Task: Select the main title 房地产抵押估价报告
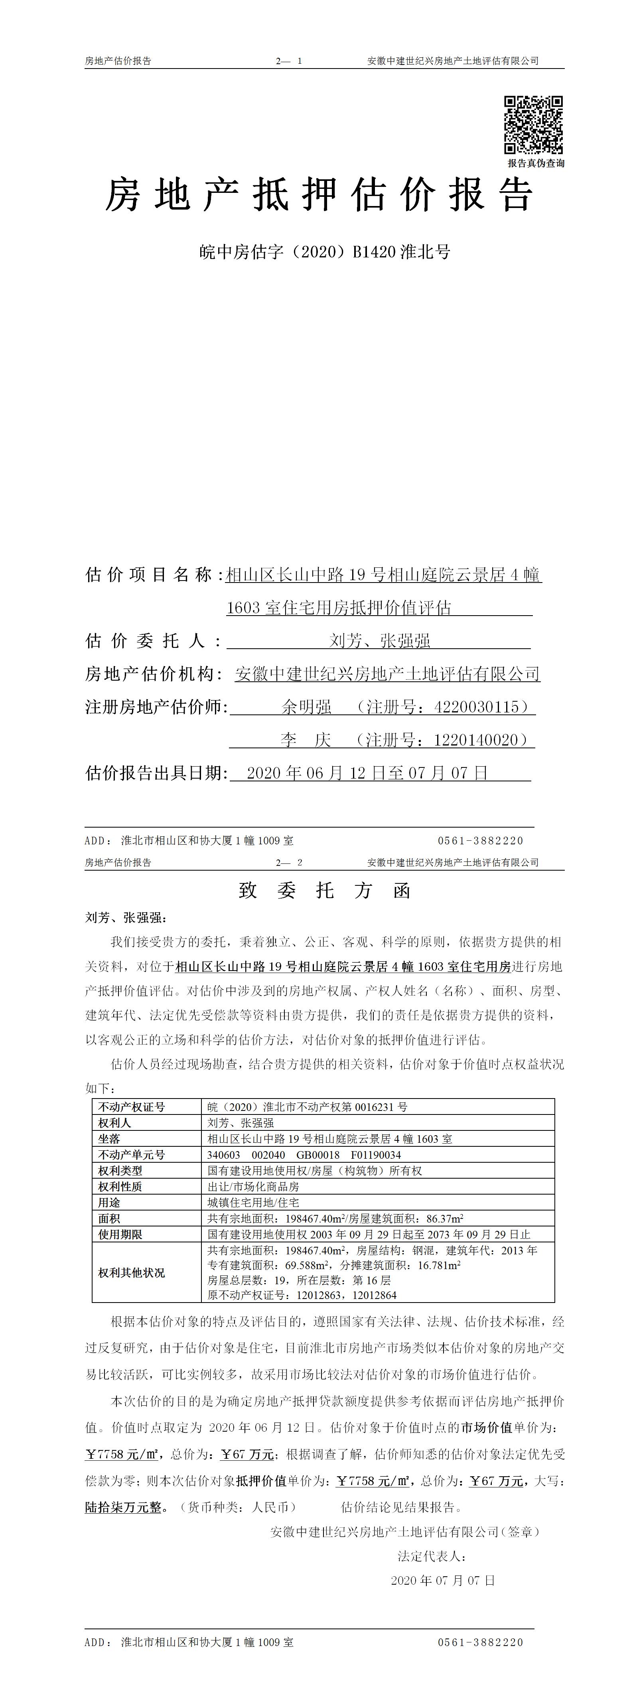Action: coord(319,196)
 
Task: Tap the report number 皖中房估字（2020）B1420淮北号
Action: coord(325,252)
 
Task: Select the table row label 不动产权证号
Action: coord(132,1107)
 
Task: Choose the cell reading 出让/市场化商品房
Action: coord(253,1186)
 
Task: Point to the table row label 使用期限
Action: coord(120,1234)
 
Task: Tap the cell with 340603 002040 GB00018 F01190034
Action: coord(304,1154)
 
